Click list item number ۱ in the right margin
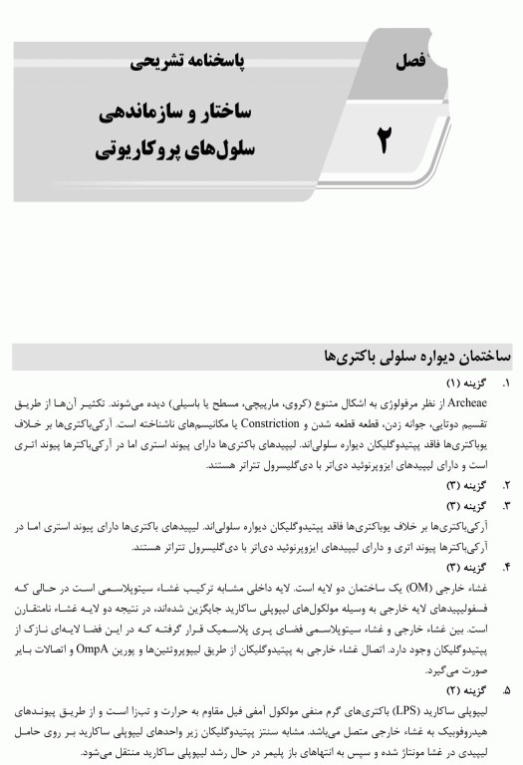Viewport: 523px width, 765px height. point(506,382)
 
